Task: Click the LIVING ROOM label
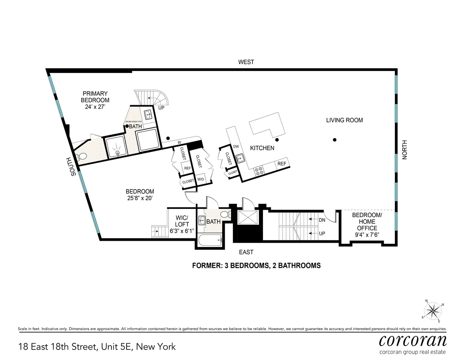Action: (344, 120)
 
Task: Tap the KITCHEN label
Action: (262, 148)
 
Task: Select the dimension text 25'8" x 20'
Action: (140, 198)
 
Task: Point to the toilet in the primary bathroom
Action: (82, 157)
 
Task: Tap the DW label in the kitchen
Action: (236, 146)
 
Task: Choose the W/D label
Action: (201, 179)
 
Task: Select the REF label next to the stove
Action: (282, 164)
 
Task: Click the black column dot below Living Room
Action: (334, 140)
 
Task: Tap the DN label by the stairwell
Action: (322, 220)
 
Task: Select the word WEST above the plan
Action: (246, 62)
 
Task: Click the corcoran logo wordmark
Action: (412, 341)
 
